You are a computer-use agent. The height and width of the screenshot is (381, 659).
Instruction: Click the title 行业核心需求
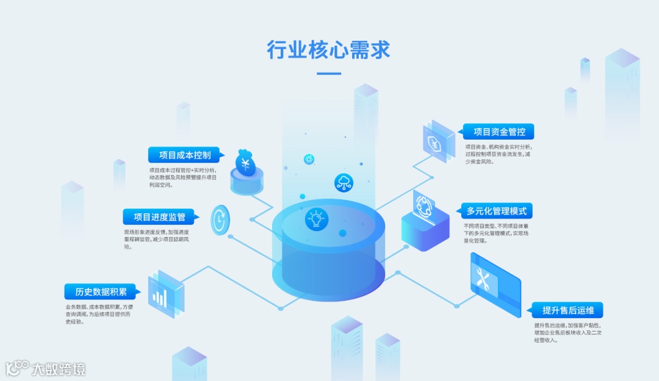(x=329, y=50)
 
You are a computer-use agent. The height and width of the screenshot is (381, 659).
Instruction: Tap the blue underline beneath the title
(x=329, y=74)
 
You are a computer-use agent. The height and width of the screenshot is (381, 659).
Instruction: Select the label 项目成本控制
(x=185, y=155)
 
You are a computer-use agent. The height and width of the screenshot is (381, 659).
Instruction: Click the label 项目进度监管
(x=159, y=216)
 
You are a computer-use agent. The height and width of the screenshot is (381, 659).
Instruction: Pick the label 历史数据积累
(x=101, y=291)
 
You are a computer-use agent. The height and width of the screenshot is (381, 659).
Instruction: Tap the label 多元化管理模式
(x=496, y=211)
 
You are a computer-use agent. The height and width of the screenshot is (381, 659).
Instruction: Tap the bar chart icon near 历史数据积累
(x=160, y=296)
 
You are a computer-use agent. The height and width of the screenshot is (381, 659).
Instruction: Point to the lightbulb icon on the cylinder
(x=315, y=219)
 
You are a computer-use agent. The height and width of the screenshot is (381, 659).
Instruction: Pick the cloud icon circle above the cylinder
(x=344, y=182)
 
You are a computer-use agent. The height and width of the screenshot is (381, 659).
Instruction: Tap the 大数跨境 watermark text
(x=59, y=369)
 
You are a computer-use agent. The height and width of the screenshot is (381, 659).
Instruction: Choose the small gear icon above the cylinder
(x=309, y=159)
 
